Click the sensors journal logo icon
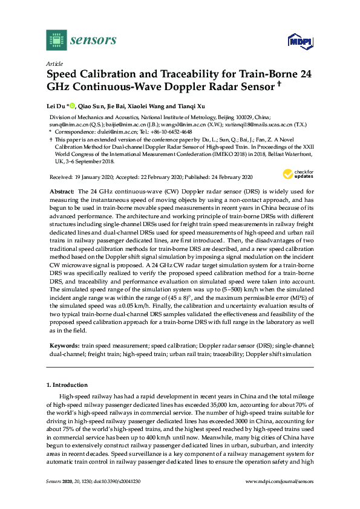56,41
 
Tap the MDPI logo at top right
298,42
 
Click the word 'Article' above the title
54,63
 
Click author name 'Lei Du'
57,107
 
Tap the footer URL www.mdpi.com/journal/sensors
279,481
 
